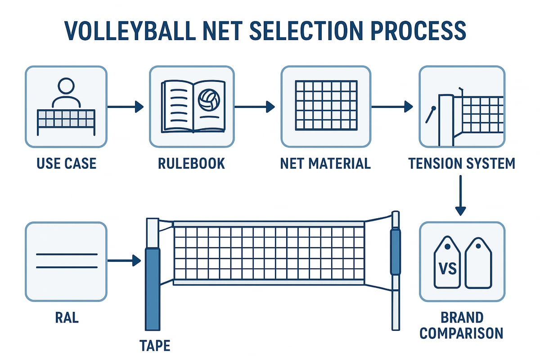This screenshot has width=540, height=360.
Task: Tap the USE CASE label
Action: point(67,163)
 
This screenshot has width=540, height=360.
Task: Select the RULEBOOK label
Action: point(191,163)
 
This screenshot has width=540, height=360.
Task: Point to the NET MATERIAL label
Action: point(325,163)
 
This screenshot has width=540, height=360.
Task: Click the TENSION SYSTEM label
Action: point(462,163)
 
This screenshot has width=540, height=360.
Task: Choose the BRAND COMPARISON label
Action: point(462,325)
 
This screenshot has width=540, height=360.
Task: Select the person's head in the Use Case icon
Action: point(66,86)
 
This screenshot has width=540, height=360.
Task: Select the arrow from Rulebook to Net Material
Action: point(254,107)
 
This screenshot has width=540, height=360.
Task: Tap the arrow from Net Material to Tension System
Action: point(391,107)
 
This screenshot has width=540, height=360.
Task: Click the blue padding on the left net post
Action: point(152,288)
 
